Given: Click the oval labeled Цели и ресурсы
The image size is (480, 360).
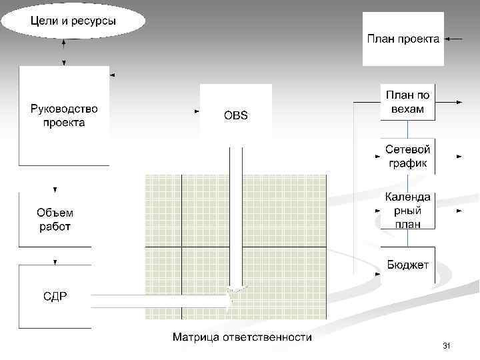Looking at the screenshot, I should pos(73,21).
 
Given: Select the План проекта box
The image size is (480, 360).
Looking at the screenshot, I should pos(403,39).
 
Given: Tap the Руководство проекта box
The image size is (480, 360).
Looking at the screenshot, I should pos(64,115).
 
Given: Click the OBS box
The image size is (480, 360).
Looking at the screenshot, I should pos(236,115).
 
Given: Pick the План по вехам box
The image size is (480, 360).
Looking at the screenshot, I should pos(408,102).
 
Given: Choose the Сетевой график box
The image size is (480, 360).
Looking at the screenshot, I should pos(408,156).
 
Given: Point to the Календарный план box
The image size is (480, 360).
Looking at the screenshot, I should pos(408,211).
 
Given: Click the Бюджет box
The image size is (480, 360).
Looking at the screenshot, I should pos(408,265).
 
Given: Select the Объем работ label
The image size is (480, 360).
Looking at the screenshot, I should pos(55,219).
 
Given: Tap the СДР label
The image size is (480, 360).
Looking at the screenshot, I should pos(55,296).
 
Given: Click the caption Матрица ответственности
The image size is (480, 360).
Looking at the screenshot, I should pos(242,337).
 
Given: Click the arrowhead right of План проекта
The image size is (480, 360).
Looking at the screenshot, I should pos(447,39).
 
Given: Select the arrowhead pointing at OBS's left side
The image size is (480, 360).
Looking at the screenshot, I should pos(197,111).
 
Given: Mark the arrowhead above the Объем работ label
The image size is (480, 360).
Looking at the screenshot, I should pos(55,189).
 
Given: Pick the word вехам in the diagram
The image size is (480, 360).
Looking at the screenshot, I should pos(408,109).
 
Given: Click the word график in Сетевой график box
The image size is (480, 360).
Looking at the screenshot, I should pos(408,163).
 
